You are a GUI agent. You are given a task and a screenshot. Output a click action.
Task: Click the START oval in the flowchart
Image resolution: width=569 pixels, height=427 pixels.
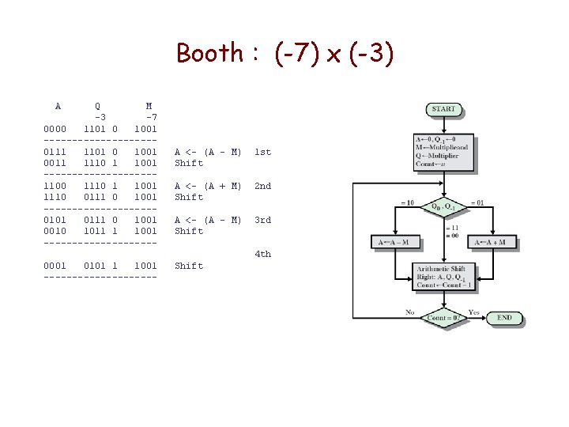(x=444, y=108)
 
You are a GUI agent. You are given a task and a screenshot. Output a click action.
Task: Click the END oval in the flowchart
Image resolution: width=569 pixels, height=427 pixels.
(x=504, y=318)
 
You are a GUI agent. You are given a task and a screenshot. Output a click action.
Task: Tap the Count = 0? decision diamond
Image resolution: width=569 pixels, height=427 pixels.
(x=444, y=318)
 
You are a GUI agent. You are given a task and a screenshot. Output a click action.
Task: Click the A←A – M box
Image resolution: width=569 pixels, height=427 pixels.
(x=394, y=242)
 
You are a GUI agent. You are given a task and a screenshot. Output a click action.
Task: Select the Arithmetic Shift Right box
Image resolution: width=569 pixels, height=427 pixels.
(x=444, y=277)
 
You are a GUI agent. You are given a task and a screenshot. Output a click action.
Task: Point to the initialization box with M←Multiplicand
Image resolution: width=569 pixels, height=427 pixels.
(x=444, y=153)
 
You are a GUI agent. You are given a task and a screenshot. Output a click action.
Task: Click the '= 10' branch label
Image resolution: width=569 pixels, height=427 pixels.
(x=406, y=202)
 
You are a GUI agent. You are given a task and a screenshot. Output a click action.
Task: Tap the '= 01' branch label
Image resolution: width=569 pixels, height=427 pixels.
(x=480, y=202)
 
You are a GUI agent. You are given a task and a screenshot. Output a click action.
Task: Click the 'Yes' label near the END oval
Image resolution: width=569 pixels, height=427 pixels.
(x=473, y=312)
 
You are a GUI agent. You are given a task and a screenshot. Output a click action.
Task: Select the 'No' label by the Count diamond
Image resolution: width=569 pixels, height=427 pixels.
(x=410, y=312)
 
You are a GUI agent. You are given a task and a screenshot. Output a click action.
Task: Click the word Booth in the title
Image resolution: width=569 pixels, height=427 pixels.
(x=209, y=53)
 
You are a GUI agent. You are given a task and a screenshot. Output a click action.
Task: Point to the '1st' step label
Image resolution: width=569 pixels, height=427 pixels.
(x=262, y=152)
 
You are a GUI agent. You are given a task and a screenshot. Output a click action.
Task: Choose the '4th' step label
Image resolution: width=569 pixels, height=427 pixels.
(x=262, y=254)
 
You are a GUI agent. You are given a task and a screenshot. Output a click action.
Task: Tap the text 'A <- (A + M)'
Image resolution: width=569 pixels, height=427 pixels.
(x=208, y=186)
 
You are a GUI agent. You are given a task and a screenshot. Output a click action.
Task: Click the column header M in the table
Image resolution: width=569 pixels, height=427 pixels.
(x=149, y=105)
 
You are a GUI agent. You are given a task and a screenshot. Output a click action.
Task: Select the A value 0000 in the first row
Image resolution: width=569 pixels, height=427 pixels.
(x=58, y=128)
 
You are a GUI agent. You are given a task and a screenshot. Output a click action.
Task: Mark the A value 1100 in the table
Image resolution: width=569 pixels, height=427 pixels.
(x=58, y=186)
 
